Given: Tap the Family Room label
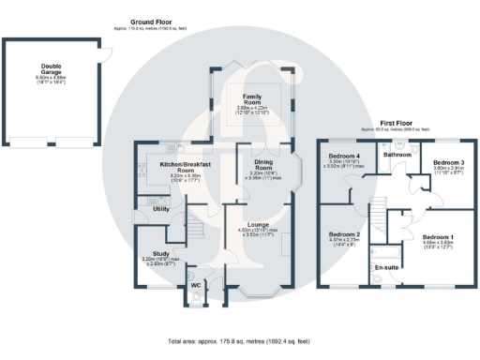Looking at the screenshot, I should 252,97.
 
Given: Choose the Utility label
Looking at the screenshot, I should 160,208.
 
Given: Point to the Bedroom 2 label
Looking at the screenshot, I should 344,234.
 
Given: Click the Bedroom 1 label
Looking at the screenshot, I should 439,237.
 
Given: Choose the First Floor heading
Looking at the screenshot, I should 398,122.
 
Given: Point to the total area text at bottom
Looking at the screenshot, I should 239,342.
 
